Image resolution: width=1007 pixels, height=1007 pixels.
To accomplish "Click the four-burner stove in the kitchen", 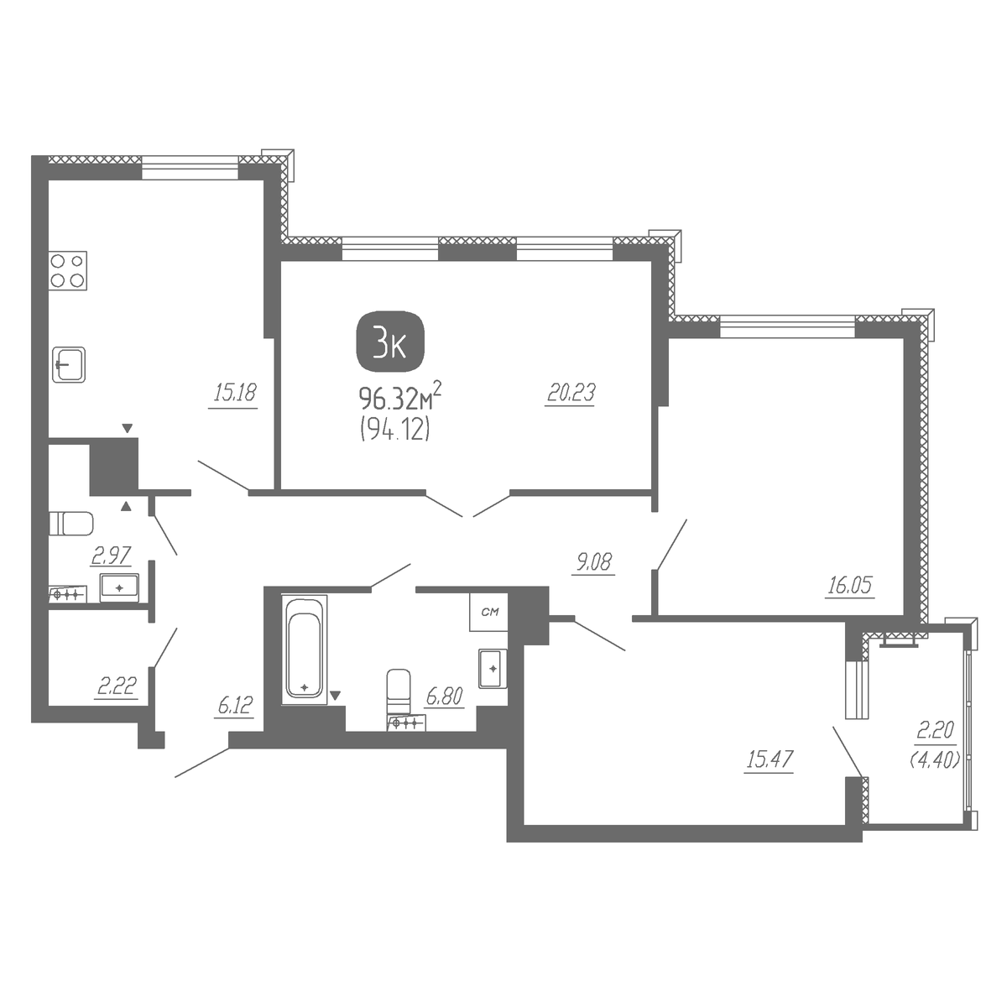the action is [68, 271].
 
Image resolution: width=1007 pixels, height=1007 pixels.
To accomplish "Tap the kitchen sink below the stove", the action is [69, 365].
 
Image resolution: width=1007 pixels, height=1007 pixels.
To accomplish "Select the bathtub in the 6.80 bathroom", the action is [304, 650].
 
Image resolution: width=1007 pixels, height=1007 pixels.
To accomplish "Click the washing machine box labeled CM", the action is [488, 612].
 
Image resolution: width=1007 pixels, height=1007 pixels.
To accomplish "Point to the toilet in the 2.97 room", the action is [71, 524].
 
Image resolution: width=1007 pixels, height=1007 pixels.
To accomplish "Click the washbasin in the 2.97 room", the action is [120, 588].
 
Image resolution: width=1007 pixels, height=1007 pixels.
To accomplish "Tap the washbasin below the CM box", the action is [493, 668].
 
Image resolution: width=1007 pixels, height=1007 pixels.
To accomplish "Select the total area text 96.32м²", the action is [399, 399].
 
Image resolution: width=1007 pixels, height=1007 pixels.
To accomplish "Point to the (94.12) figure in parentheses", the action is [395, 430].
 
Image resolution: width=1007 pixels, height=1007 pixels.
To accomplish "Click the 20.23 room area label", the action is [571, 393].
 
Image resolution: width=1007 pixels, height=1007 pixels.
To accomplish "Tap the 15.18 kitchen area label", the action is [234, 393].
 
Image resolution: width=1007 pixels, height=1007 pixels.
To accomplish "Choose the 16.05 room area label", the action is [850, 586].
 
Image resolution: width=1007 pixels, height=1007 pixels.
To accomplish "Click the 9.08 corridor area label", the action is [593, 563].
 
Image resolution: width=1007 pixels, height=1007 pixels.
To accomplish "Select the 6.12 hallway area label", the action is [235, 706].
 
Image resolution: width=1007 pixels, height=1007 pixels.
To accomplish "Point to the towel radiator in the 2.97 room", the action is [68, 593].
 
